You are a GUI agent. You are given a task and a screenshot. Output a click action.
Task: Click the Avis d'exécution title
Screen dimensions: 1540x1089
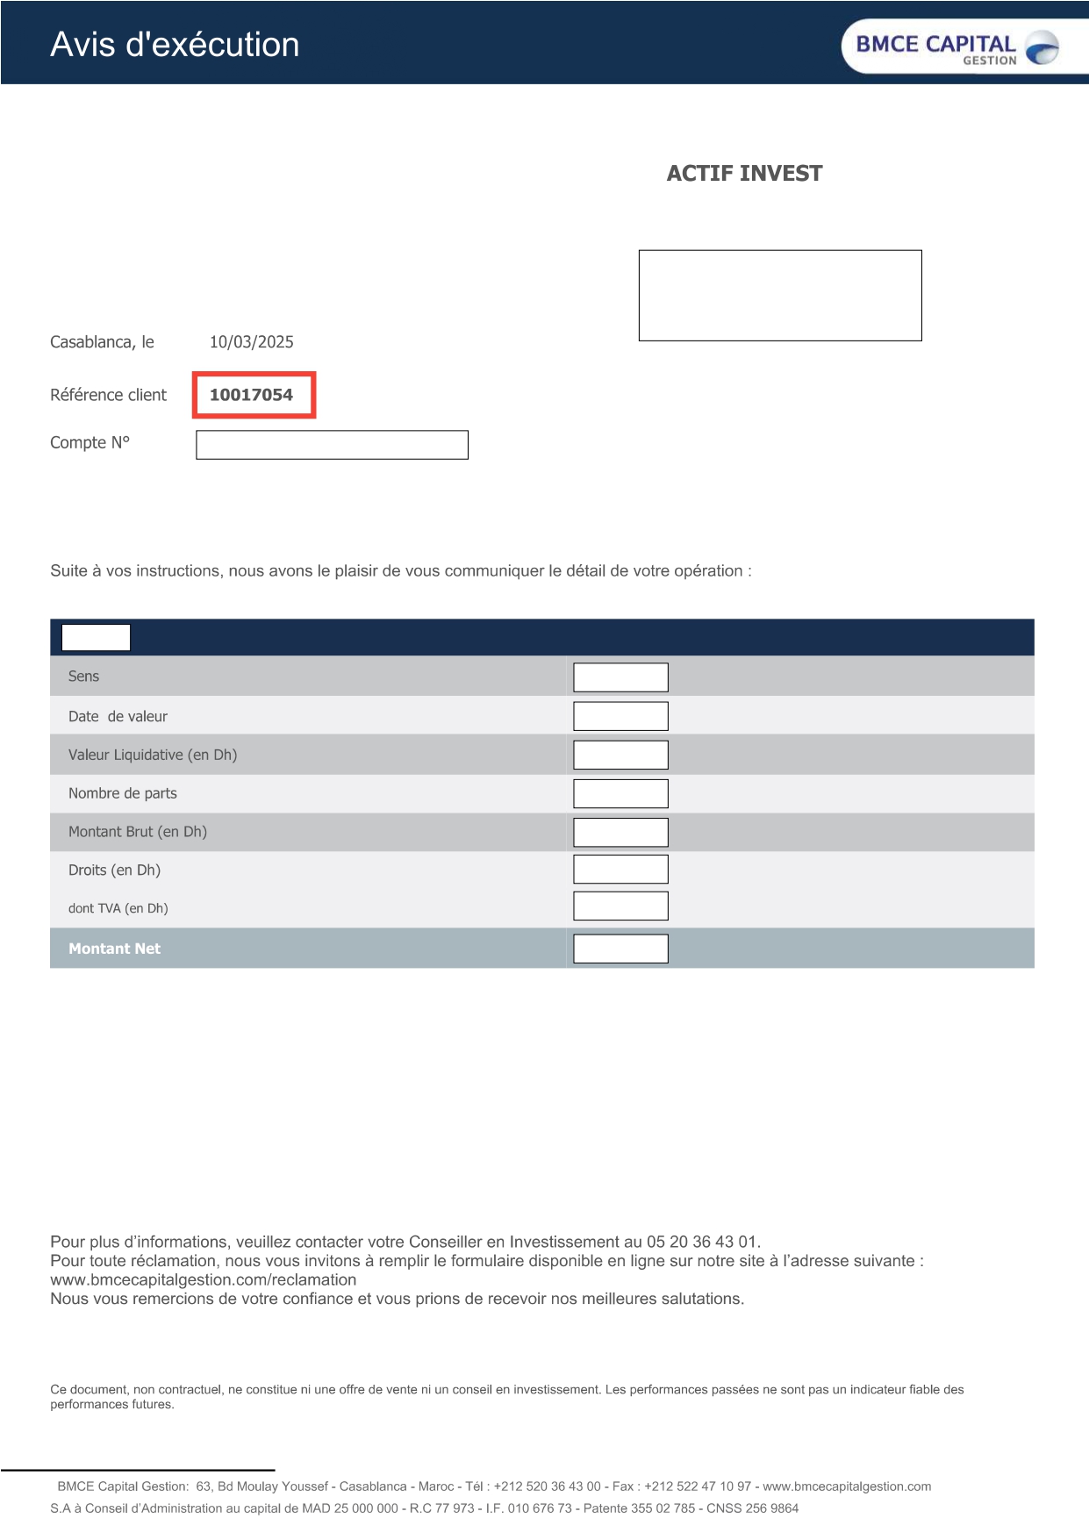[x=175, y=45]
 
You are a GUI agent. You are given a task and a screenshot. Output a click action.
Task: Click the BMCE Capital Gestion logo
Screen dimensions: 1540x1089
[x=957, y=47]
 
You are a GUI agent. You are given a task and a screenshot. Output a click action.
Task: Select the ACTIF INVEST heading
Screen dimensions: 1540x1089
[x=744, y=174]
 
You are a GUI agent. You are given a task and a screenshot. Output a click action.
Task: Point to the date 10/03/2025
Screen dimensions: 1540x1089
[x=251, y=342]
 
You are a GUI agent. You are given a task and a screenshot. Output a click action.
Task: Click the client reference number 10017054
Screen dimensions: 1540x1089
[x=252, y=395]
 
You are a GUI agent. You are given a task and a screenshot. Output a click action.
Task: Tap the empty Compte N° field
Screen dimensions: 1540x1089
[x=332, y=445]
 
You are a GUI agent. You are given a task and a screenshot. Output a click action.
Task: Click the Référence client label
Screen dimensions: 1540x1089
[x=108, y=395]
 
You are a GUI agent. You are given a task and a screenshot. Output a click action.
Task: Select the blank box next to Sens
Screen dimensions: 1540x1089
[x=620, y=677]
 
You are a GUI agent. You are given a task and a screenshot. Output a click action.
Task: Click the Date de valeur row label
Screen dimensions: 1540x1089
[x=118, y=716]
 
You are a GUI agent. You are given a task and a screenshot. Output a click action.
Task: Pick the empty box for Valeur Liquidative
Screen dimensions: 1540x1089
[x=620, y=755]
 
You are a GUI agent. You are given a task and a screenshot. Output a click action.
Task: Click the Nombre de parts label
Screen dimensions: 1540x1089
[x=123, y=793]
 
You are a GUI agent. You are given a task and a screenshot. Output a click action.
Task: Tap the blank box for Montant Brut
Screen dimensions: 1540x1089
[x=620, y=832]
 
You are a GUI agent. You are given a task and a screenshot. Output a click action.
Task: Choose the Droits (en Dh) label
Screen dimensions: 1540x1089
[x=114, y=870]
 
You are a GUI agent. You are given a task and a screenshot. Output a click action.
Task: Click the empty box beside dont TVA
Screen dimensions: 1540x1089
[x=620, y=906]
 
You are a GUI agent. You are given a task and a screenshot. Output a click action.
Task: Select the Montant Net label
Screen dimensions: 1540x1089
[x=114, y=949]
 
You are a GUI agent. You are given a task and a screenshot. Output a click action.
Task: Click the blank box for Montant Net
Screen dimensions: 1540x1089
[x=620, y=949]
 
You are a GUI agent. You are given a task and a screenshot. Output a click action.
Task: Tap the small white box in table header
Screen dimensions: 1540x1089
[x=96, y=637]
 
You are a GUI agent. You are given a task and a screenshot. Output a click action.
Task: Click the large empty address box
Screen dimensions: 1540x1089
[x=780, y=296]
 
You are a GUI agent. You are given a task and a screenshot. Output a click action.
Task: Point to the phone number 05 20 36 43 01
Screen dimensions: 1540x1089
[x=702, y=1242]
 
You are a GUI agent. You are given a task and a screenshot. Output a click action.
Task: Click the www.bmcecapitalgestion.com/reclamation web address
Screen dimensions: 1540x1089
[x=204, y=1279]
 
